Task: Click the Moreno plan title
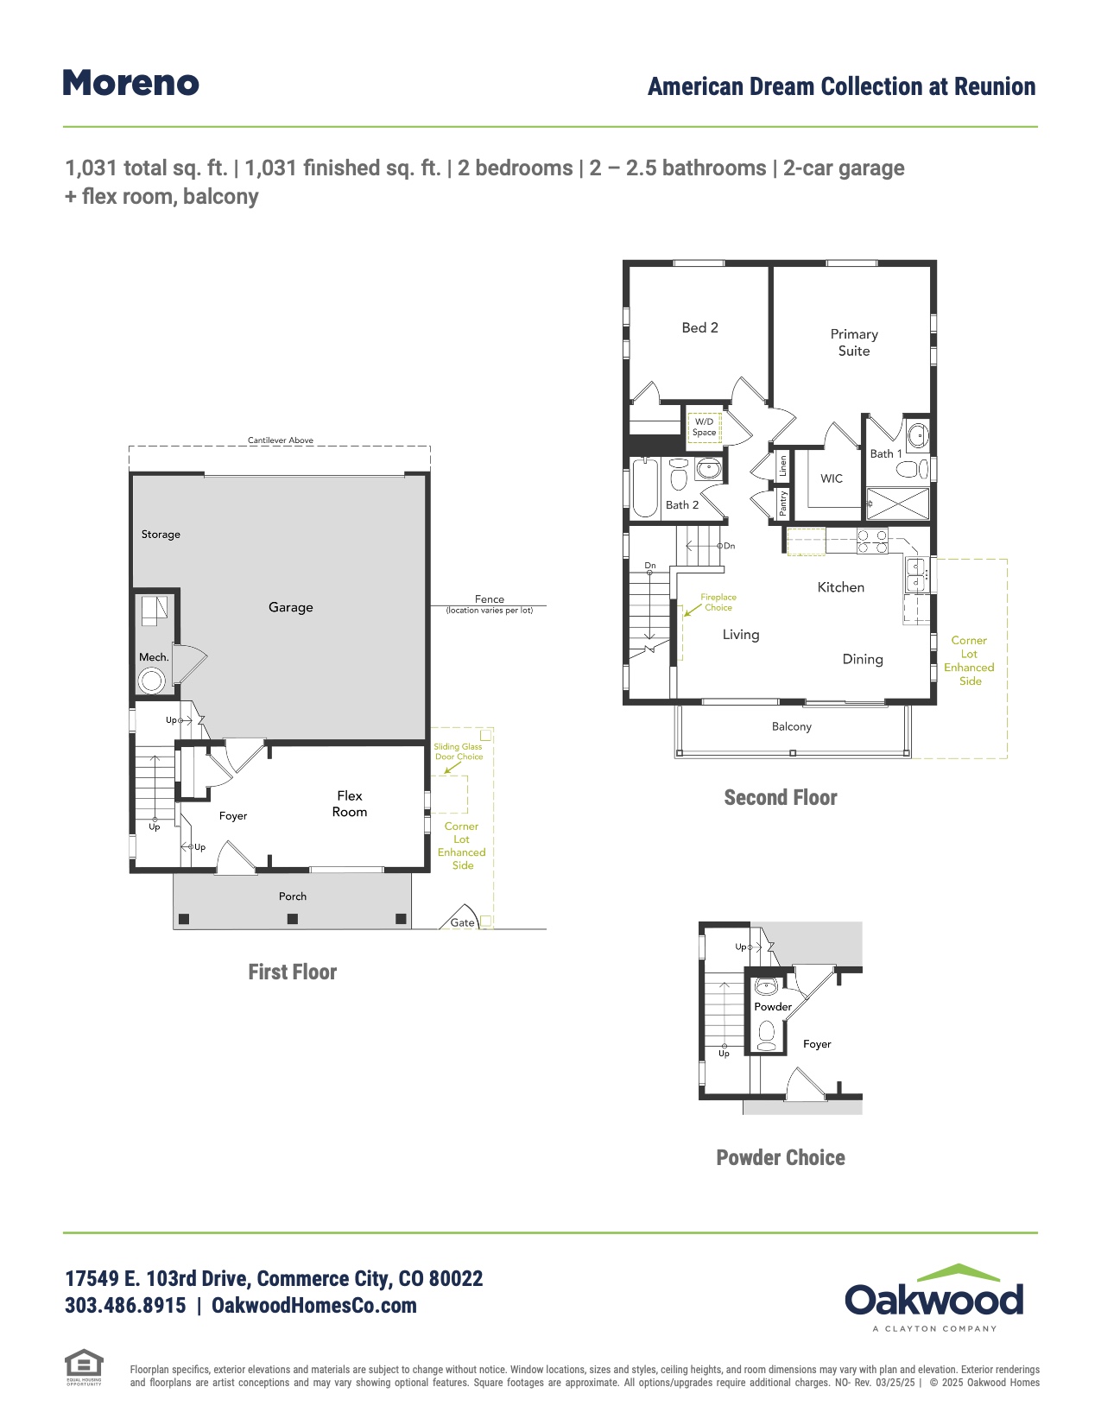click(131, 84)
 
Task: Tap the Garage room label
click(290, 607)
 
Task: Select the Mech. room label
click(154, 657)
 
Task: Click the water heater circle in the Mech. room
click(153, 681)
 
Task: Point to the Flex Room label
click(350, 803)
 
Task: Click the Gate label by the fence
click(462, 922)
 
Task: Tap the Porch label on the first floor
click(293, 896)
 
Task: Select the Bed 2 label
click(699, 327)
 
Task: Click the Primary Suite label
click(854, 342)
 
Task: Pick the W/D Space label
click(704, 427)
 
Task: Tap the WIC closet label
click(832, 478)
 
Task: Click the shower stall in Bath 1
click(897, 503)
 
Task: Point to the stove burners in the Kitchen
click(872, 541)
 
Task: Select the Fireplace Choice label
click(718, 602)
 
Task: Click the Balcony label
click(792, 726)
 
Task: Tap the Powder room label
click(773, 1007)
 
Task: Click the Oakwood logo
click(934, 1298)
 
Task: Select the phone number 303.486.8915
click(125, 1306)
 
